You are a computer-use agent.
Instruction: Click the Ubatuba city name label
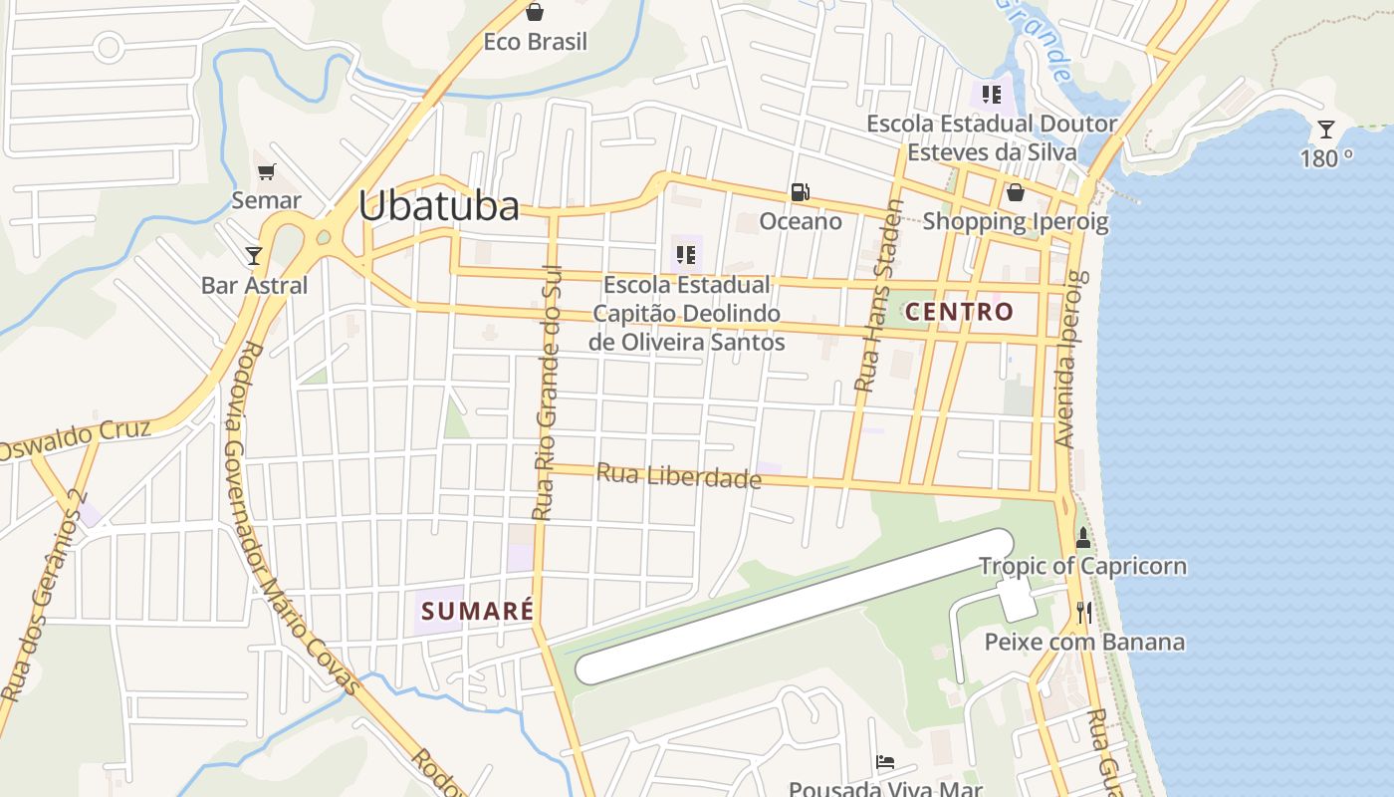coord(438,206)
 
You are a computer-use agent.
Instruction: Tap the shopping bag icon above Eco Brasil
coord(535,12)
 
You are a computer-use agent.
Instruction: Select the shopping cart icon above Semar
coord(266,172)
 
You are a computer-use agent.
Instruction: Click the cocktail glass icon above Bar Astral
coord(254,256)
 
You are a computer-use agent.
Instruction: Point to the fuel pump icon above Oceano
coord(800,192)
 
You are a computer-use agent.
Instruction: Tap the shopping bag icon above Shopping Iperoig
coord(1015,192)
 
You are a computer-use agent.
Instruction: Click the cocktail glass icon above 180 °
coord(1325,130)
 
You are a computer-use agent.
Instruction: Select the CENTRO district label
coord(960,311)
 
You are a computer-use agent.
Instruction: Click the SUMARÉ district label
coord(478,611)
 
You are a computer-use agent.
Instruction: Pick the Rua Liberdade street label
coord(678,475)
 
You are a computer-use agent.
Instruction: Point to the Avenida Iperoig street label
coord(1068,359)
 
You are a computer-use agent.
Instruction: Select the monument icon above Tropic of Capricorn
coord(1083,538)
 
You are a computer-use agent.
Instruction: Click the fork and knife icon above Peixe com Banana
coord(1084,612)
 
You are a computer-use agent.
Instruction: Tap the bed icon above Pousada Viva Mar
coord(885,762)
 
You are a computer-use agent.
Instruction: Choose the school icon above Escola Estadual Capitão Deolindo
coord(686,255)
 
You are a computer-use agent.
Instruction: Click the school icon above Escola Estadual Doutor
coord(991,95)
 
